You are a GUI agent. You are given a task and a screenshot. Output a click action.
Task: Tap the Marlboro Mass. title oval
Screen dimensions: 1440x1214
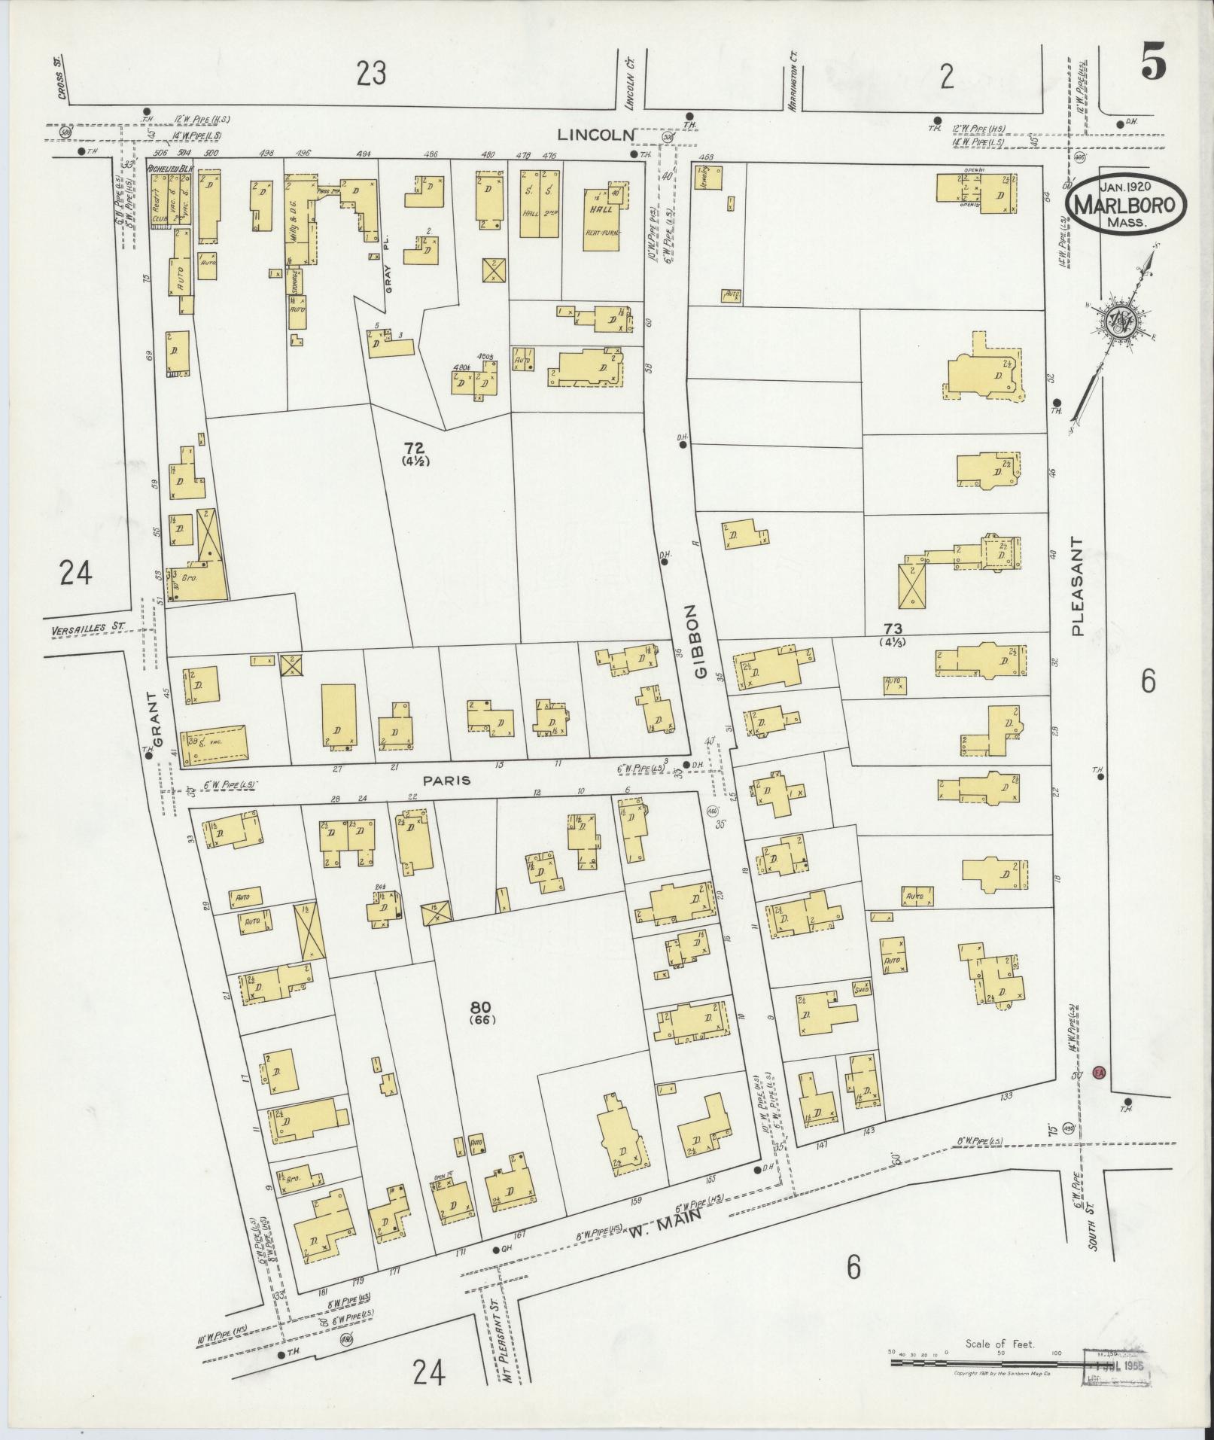pyautogui.click(x=1125, y=203)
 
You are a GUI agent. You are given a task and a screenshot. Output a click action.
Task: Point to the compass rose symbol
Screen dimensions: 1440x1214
pyautogui.click(x=1121, y=324)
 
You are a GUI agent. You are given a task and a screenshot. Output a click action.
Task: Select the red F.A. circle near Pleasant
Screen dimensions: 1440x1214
pyautogui.click(x=1098, y=1073)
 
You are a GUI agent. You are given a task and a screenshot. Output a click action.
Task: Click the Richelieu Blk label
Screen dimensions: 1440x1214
pyautogui.click(x=170, y=169)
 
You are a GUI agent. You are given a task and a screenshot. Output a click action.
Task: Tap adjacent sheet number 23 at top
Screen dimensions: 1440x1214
pyautogui.click(x=371, y=74)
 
